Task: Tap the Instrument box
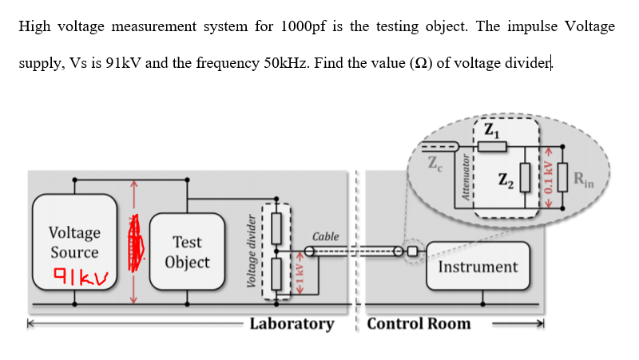coord(478,267)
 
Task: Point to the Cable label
coord(326,236)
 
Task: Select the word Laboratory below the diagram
coord(292,323)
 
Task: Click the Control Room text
coord(419,323)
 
